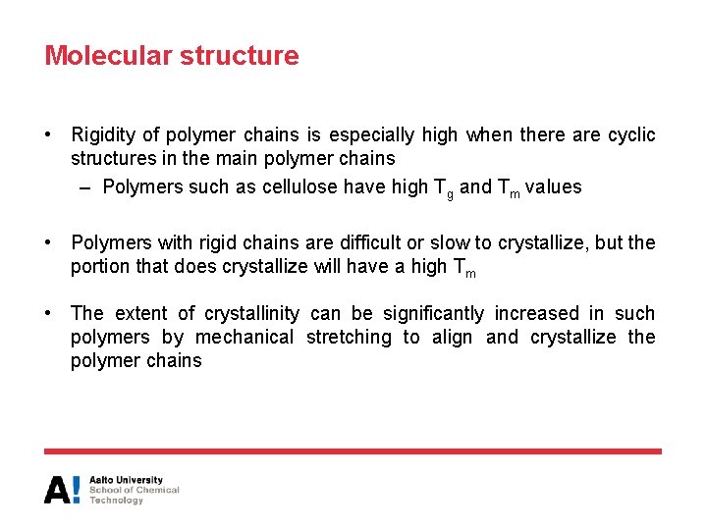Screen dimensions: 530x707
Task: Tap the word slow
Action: (x=445, y=242)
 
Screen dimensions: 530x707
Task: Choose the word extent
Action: (x=141, y=314)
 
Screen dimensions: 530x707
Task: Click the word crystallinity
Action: (x=251, y=314)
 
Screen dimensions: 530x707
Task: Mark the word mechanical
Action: (x=245, y=338)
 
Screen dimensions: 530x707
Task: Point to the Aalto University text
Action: (x=126, y=481)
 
